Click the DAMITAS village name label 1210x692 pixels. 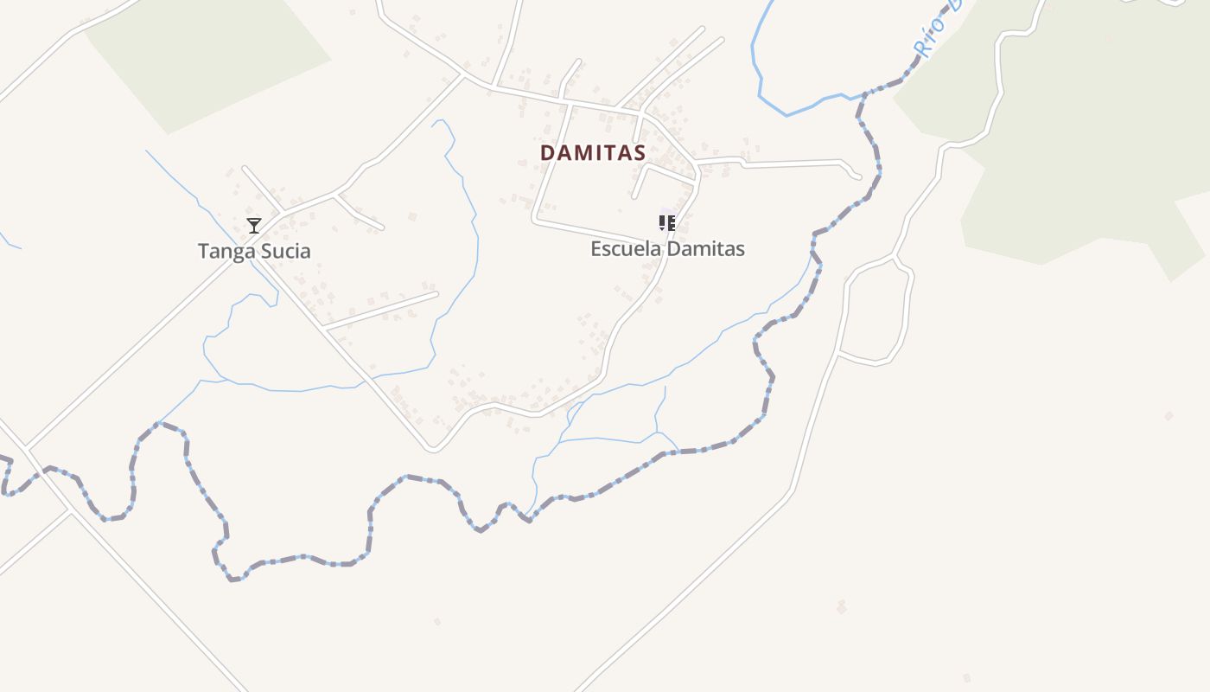coord(593,152)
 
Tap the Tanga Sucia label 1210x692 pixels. coord(253,251)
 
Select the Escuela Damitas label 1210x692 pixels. coord(667,249)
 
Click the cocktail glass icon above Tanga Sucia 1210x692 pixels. coord(253,226)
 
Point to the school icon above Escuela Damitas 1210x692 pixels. coord(666,223)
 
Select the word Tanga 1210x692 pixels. coord(220,251)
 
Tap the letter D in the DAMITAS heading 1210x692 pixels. coord(547,152)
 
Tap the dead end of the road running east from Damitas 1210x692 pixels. coord(857,176)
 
